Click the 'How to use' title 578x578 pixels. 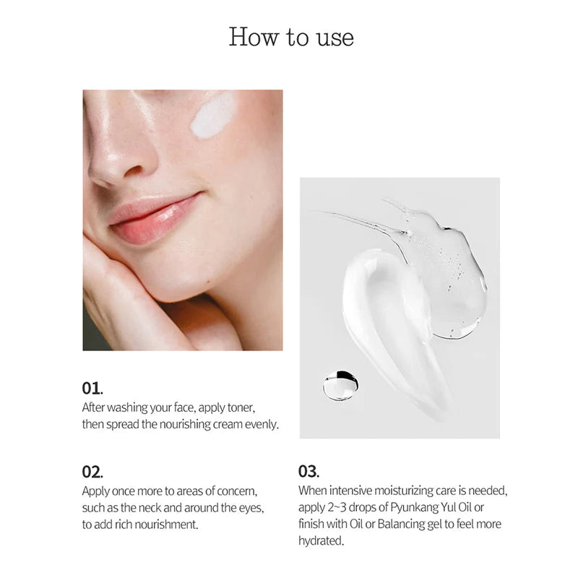coord(291,36)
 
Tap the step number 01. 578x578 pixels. coord(92,388)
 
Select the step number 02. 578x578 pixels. coord(92,472)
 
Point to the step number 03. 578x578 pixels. coord(309,472)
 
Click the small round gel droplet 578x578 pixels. coord(340,385)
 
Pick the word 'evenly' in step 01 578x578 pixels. coord(260,424)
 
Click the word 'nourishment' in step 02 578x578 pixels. coord(163,525)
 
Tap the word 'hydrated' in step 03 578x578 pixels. coord(321,541)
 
